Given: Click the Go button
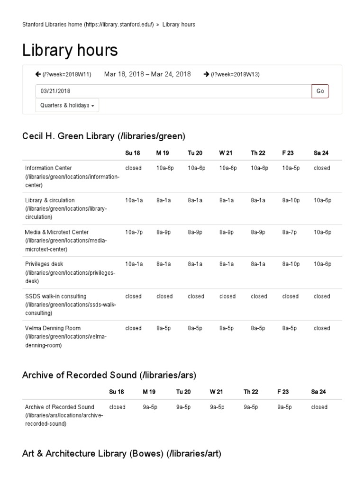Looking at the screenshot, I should [320, 91].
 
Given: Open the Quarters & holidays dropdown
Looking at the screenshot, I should [67, 105].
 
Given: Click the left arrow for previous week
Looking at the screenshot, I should [38, 74].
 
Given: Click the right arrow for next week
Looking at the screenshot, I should [206, 74].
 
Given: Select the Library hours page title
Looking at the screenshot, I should [70, 50].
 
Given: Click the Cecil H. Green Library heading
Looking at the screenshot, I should [104, 136].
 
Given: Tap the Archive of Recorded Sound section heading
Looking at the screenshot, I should [109, 375].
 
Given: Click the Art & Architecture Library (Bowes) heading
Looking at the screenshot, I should [122, 454].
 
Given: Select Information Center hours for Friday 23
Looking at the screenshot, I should [291, 168].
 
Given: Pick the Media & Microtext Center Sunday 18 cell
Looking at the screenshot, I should [133, 232].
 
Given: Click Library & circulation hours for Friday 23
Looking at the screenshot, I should [291, 200].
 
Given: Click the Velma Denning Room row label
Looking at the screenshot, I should [53, 328].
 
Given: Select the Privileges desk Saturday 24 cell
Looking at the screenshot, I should [322, 264].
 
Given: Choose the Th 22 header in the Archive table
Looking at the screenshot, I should [251, 392].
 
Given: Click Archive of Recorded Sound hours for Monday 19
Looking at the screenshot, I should [150, 407].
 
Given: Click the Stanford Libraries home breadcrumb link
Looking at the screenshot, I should [88, 25].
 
